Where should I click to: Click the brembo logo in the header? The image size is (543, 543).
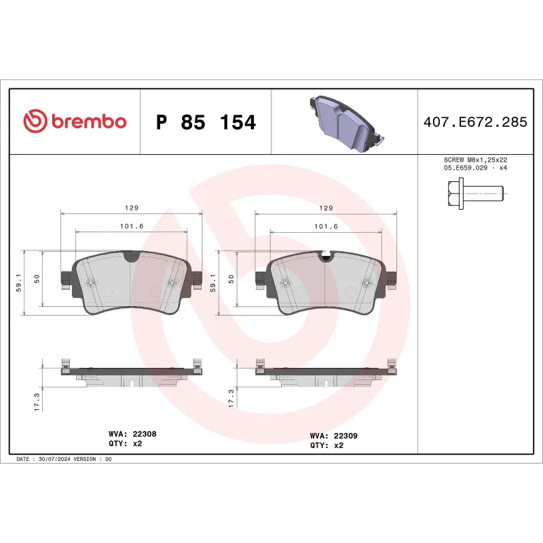coord(75,121)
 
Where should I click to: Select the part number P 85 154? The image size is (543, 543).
coord(206,123)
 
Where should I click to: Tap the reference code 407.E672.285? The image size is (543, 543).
coord(474,123)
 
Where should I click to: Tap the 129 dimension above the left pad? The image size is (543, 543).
coord(132,208)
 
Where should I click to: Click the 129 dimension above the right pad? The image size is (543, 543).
coord(325,208)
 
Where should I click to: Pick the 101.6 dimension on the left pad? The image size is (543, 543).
coord(132,226)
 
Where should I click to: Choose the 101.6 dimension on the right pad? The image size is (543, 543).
coord(325,226)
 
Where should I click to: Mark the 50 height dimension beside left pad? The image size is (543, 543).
coord(37,279)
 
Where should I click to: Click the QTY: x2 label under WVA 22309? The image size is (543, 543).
coord(326,446)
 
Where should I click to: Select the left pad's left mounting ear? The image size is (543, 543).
coord(67,278)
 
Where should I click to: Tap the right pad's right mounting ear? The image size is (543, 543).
coord(391,278)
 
